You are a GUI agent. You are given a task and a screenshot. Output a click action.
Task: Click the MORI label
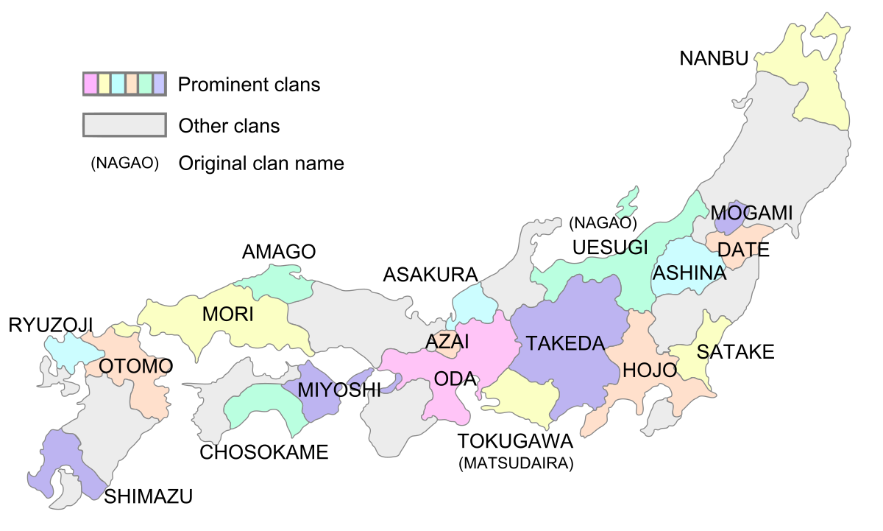coord(227,314)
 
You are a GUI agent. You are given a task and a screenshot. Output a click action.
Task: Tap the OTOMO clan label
coord(135,366)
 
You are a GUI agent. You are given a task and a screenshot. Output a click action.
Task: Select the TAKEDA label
coord(565,343)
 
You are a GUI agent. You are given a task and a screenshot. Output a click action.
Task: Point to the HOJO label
coord(649,370)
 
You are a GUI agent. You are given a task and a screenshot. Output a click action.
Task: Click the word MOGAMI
coord(751,213)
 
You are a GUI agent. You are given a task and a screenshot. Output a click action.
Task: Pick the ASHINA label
coord(689,273)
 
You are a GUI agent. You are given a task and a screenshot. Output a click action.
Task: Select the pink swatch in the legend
coord(91,84)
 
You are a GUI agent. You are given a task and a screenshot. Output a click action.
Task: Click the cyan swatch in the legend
coord(118,84)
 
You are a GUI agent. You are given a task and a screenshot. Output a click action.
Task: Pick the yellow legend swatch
coord(104,84)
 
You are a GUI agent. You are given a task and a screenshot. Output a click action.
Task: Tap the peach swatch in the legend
coord(132,84)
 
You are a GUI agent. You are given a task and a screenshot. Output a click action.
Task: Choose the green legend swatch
coord(146,84)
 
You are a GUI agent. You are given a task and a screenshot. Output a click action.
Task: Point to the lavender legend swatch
coord(159,84)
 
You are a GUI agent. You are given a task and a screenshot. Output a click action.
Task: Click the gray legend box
coord(124,124)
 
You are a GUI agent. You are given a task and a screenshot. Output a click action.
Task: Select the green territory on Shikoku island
coord(265,405)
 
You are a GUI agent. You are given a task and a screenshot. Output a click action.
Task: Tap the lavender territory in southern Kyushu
coord(63,460)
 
